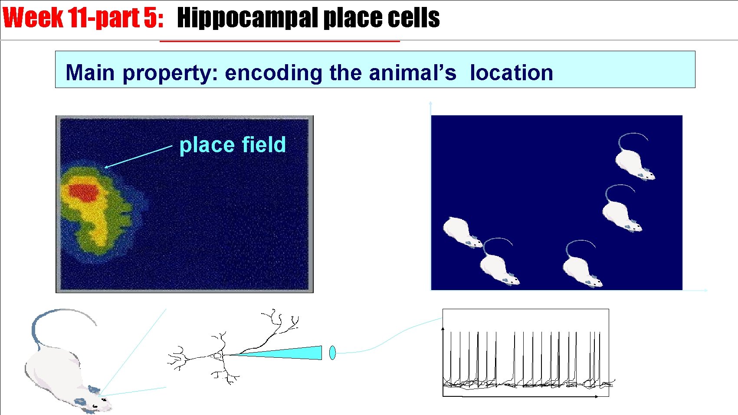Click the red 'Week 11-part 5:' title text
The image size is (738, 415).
click(82, 18)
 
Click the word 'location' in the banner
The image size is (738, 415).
click(512, 72)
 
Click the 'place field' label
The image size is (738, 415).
click(233, 145)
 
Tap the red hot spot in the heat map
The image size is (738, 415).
click(85, 192)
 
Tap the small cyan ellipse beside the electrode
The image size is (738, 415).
click(332, 353)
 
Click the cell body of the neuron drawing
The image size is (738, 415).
click(217, 356)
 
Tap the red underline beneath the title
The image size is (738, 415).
click(279, 41)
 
